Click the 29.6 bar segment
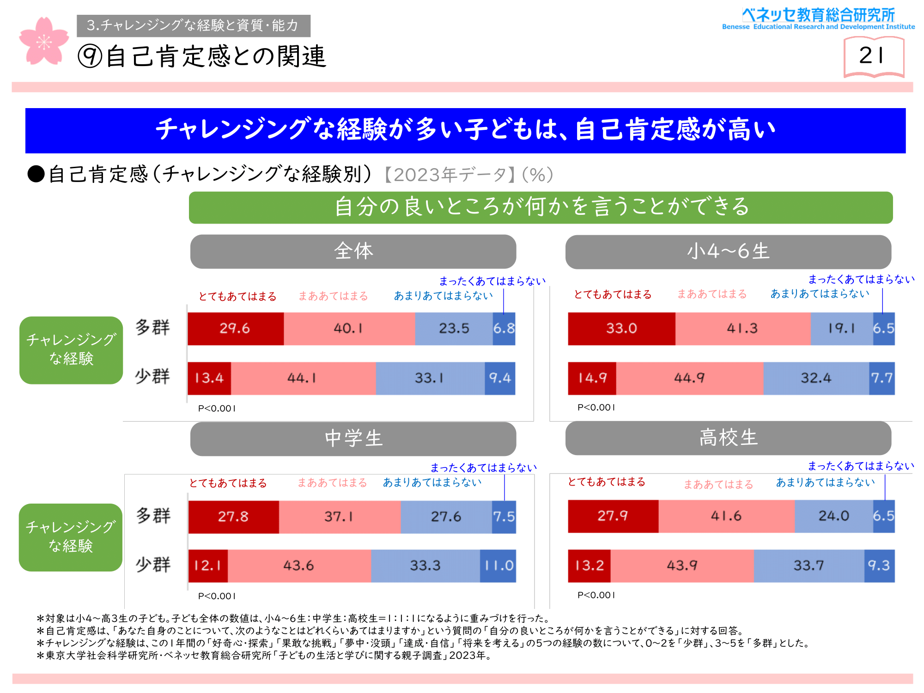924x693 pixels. (235, 328)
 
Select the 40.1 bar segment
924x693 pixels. (349, 328)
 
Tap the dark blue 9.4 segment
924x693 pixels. (500, 378)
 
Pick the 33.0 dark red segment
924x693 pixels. (621, 328)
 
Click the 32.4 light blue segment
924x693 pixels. (816, 378)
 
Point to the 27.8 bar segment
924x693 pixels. (233, 517)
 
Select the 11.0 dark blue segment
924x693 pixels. (498, 565)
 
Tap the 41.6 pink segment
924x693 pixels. (726, 516)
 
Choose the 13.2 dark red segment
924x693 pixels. (589, 565)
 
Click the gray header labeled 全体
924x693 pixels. (353, 251)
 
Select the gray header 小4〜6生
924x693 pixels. (728, 252)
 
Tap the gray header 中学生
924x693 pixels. (353, 438)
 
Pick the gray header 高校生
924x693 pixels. (728, 438)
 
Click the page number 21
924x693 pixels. (873, 56)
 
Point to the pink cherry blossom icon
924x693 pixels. (43, 41)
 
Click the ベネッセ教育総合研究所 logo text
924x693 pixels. (818, 15)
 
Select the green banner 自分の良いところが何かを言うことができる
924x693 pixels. (541, 207)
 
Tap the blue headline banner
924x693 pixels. (465, 130)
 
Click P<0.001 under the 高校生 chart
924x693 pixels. (596, 595)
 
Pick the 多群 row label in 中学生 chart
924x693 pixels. (153, 516)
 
